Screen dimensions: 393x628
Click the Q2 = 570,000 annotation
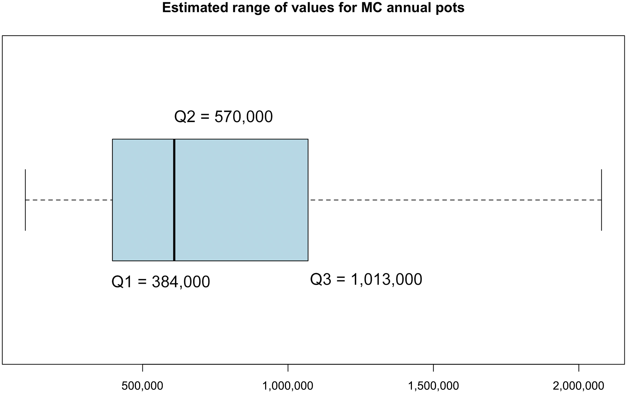coord(223,117)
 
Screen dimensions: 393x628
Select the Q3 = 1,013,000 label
coord(366,279)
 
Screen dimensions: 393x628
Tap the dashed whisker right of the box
coord(455,200)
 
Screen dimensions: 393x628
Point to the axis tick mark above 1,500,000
coord(433,368)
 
